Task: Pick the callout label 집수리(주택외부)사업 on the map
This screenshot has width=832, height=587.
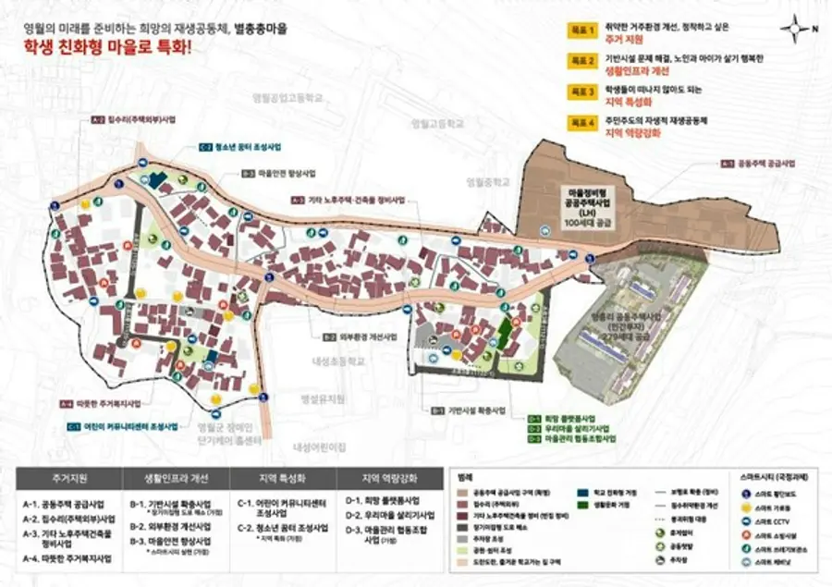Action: [139, 120]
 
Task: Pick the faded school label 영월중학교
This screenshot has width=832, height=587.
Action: [489, 182]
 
